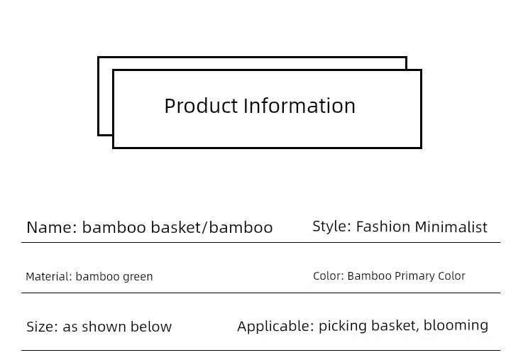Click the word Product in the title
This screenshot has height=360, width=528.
(201, 106)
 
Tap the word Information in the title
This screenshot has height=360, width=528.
(299, 106)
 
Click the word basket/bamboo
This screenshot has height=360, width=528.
(211, 228)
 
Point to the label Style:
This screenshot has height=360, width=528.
(331, 227)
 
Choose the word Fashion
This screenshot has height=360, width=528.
(383, 227)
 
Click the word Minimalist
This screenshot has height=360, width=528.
(451, 227)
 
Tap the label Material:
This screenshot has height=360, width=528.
(49, 277)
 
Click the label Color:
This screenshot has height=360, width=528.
(329, 276)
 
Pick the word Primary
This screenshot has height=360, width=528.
(414, 276)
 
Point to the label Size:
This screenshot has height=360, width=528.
(42, 327)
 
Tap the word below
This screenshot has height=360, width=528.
(151, 327)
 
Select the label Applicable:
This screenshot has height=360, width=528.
(275, 327)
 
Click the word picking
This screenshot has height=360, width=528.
(343, 327)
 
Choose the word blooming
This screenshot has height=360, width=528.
(456, 326)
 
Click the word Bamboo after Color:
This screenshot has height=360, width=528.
(369, 276)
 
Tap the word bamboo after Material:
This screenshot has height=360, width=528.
(97, 277)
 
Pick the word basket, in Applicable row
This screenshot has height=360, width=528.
(395, 326)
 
